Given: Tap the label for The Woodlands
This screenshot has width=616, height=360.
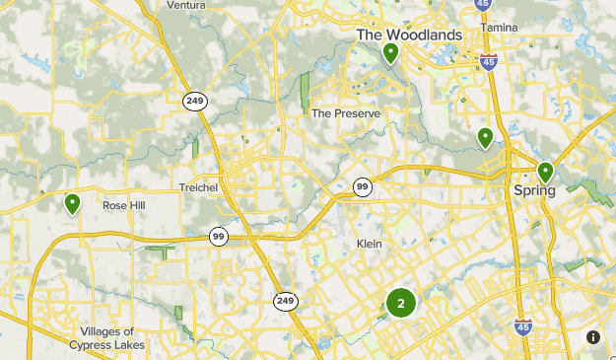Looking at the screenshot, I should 409,35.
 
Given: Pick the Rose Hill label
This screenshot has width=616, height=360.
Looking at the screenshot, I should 123,206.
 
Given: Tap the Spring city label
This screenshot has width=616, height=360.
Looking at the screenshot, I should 534,190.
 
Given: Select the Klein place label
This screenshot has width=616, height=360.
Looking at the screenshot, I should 369,244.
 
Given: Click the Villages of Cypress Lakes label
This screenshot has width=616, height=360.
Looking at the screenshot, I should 107,338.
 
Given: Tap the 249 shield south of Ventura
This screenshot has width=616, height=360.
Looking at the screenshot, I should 194,99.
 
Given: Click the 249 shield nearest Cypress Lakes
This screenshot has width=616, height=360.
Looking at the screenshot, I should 286,301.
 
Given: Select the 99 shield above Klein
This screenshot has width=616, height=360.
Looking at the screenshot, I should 363,186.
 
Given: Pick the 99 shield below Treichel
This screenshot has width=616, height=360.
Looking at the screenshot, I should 219,237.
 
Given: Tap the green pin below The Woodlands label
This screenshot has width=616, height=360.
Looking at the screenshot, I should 391,52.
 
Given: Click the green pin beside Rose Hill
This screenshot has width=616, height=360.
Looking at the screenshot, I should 72,203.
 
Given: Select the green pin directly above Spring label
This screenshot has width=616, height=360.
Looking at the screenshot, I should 545,172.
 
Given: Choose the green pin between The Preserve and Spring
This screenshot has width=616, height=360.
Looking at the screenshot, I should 485,137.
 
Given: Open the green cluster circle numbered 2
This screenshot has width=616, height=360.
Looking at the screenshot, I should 400,303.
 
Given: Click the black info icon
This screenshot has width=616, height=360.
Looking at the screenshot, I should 593,337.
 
